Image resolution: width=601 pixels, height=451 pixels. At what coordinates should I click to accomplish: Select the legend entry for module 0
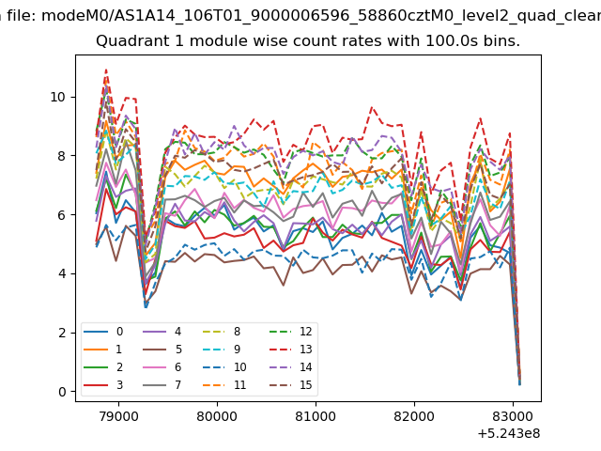(103, 332)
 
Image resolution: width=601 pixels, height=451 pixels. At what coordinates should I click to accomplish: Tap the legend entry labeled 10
(224, 367)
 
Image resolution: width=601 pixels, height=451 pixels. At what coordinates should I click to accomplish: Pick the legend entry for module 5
(162, 350)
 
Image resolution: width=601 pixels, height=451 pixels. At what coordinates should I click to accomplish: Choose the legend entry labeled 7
(162, 385)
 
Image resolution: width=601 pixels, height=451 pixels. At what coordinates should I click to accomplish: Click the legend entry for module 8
(222, 332)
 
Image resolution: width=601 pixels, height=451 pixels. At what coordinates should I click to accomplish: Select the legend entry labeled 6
(162, 367)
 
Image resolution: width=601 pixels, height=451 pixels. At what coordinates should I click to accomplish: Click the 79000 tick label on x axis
(118, 416)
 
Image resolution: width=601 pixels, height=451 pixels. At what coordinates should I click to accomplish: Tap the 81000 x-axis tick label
(316, 416)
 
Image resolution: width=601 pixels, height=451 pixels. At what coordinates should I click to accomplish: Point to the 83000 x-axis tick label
(513, 416)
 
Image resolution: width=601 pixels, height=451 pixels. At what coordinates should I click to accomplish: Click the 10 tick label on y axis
(58, 97)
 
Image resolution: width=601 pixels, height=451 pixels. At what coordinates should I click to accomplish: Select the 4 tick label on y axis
(62, 273)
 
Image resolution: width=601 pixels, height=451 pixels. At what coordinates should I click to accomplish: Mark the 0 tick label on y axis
(62, 392)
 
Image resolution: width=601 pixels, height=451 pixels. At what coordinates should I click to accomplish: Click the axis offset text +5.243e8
(509, 434)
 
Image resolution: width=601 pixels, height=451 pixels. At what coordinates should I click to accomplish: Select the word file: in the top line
(22, 16)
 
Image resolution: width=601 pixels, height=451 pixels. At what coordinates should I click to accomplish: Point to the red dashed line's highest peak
(106, 70)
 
